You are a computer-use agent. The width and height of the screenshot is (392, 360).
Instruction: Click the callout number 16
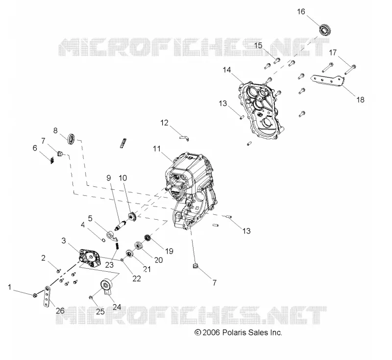(x=301, y=11)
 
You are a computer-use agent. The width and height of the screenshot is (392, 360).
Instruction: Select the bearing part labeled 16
(x=326, y=29)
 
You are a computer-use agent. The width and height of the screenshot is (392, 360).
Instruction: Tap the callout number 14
(x=227, y=70)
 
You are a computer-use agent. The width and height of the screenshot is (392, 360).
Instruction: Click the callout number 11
(x=157, y=149)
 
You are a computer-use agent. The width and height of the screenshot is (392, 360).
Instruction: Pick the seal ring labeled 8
(x=72, y=139)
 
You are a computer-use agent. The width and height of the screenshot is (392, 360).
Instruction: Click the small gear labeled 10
(x=131, y=217)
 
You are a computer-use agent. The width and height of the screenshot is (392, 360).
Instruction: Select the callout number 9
(x=108, y=178)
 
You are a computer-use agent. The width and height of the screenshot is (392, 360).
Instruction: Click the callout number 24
(x=117, y=307)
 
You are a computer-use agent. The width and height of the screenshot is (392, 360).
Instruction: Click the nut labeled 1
(x=35, y=295)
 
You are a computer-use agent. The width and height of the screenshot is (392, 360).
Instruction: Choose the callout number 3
(x=64, y=240)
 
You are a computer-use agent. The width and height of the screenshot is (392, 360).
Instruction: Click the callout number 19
(x=169, y=251)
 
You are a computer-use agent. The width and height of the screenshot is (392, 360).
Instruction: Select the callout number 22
(x=137, y=279)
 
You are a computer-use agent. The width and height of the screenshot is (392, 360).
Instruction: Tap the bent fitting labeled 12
(x=184, y=138)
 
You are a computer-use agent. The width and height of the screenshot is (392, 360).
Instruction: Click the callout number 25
(x=100, y=311)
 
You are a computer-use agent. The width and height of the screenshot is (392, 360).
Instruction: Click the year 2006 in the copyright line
(x=211, y=333)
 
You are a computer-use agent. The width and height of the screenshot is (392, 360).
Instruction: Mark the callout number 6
(x=35, y=148)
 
